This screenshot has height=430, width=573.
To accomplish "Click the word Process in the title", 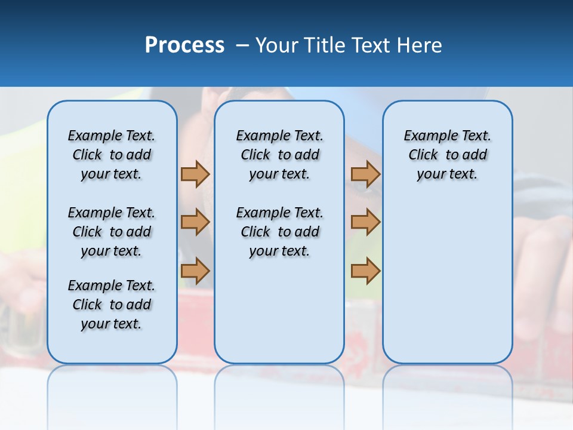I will [x=184, y=45].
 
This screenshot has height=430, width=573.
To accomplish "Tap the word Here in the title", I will [x=421, y=45].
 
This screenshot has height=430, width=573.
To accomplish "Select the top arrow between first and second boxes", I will [x=195, y=174].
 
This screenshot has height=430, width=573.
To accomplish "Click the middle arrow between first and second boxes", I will [x=195, y=222].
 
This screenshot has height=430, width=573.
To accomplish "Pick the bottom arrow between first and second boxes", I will [x=195, y=271].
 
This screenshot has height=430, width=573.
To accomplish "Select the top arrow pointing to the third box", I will [x=365, y=174].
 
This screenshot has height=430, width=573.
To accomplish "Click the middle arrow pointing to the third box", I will [x=365, y=222].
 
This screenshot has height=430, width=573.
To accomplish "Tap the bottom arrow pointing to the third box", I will [x=365, y=271].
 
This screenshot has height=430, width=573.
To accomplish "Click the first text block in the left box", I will [x=112, y=155].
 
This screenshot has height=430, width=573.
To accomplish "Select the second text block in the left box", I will [x=112, y=232].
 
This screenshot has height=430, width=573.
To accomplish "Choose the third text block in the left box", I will [x=112, y=305].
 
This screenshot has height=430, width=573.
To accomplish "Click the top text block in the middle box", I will [x=279, y=155].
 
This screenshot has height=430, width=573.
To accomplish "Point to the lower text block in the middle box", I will [x=279, y=232].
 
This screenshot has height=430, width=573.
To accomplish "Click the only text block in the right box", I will [x=447, y=155].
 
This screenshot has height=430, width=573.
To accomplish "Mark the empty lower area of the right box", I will [x=447, y=281].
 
